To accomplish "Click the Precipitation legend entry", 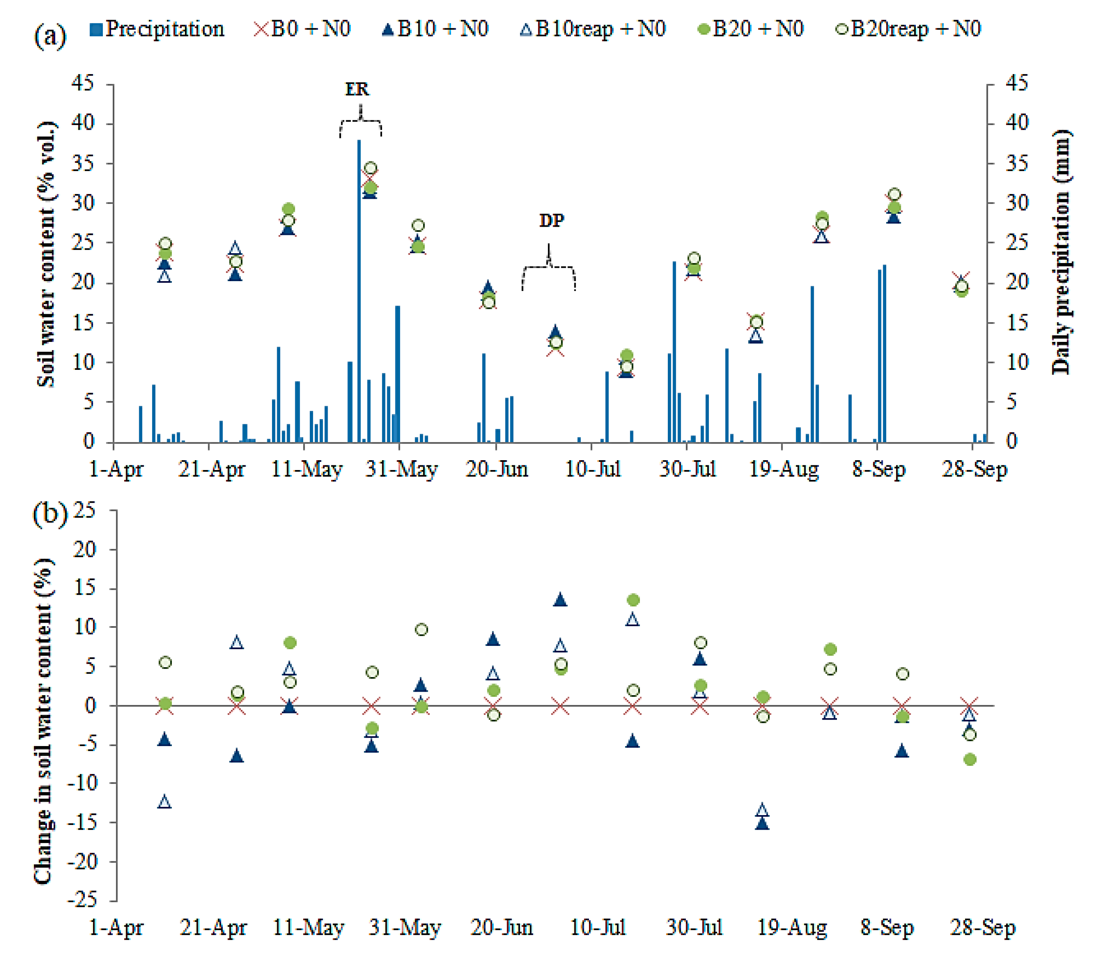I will [157, 29].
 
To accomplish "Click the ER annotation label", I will [357, 89].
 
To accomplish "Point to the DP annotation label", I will [551, 220].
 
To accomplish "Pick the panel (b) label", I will [50, 514].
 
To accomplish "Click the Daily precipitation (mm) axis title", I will [1060, 252].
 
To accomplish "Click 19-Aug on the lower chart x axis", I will [792, 927].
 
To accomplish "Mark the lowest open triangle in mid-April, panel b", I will [165, 802].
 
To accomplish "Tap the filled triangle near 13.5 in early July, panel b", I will [560, 600].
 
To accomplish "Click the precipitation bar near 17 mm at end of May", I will [397, 375].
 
